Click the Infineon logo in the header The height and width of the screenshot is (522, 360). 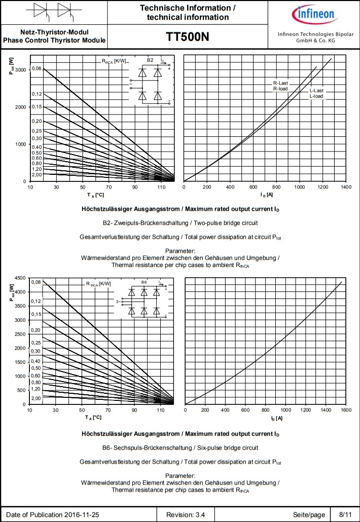[313, 14]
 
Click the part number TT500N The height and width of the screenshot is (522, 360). [187, 38]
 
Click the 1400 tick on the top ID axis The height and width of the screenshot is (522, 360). [346, 187]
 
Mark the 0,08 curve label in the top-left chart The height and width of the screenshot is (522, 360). [37, 68]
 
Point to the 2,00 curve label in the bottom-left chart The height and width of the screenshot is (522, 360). [36, 398]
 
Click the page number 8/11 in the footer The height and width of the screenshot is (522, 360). [344, 514]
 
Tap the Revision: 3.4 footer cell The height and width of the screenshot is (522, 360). [190, 514]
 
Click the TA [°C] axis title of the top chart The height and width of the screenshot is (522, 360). [95, 195]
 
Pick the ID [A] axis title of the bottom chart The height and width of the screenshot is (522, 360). [276, 418]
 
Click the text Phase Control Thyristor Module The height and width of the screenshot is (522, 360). [54, 41]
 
